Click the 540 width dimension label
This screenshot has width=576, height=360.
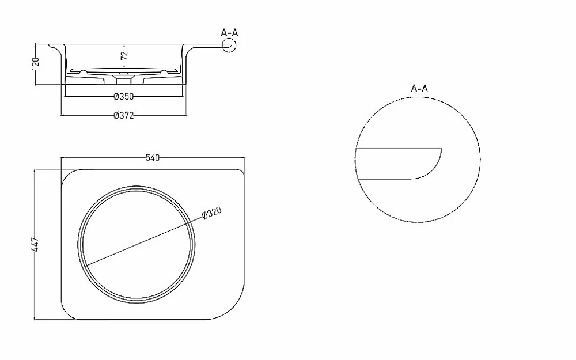pos(153,158)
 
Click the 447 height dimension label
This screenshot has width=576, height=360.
pos(35,244)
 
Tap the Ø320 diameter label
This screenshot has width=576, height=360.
pos(212,213)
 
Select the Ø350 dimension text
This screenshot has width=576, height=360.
pos(124,97)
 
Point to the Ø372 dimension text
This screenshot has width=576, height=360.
pos(124,116)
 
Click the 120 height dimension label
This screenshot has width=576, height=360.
pos(36,63)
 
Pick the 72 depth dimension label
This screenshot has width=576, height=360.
pos(124,56)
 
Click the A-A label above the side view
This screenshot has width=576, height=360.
pos(229,33)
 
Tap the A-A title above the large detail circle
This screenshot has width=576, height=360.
pos(419,89)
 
